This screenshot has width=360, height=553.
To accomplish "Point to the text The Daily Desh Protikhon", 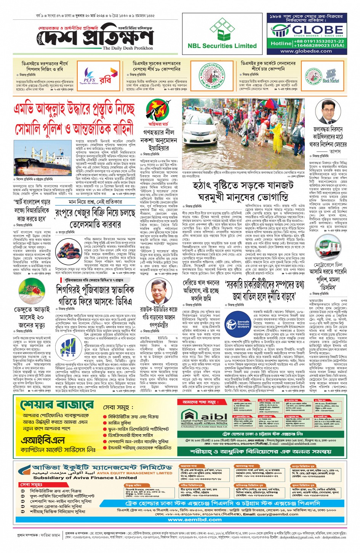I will click(128, 48).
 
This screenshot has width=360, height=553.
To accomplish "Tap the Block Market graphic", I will click(330, 76).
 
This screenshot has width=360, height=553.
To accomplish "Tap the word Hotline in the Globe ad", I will click(281, 43).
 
